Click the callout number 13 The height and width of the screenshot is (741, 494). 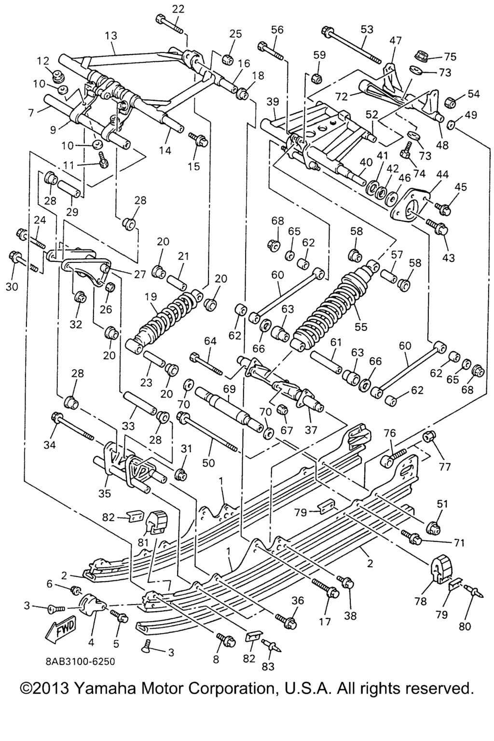[111, 36]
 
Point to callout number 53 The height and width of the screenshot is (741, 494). [367, 29]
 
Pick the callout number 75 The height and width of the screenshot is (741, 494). [450, 57]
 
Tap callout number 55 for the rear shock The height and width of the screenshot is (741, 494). [361, 327]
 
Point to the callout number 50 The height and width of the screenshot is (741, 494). [208, 463]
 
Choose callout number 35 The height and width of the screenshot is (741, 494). [105, 493]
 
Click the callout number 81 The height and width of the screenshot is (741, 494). [143, 542]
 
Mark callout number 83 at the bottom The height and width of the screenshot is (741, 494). [268, 666]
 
